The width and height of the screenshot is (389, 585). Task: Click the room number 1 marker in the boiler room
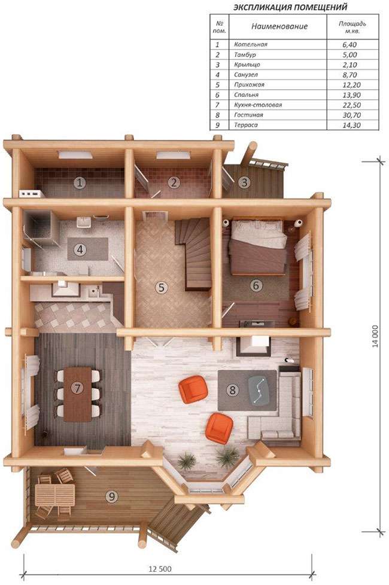[80, 183]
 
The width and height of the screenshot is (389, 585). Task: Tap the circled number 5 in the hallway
[161, 287]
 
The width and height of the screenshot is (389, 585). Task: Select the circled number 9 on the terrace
[112, 496]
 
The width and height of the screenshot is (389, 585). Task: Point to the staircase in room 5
[194, 254]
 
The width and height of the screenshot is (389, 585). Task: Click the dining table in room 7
[78, 394]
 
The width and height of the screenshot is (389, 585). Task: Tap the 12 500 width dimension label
[160, 569]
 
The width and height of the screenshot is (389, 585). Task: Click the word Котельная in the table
[251, 44]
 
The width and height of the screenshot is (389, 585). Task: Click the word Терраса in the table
[246, 125]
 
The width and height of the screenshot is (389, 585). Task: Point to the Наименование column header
[279, 26]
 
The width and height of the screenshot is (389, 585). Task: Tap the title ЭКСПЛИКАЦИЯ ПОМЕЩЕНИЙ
[290, 7]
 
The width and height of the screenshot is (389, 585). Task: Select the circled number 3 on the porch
[245, 182]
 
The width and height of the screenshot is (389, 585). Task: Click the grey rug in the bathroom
[88, 249]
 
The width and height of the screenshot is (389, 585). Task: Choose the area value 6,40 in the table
[350, 44]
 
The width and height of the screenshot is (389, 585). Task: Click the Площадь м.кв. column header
[352, 27]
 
